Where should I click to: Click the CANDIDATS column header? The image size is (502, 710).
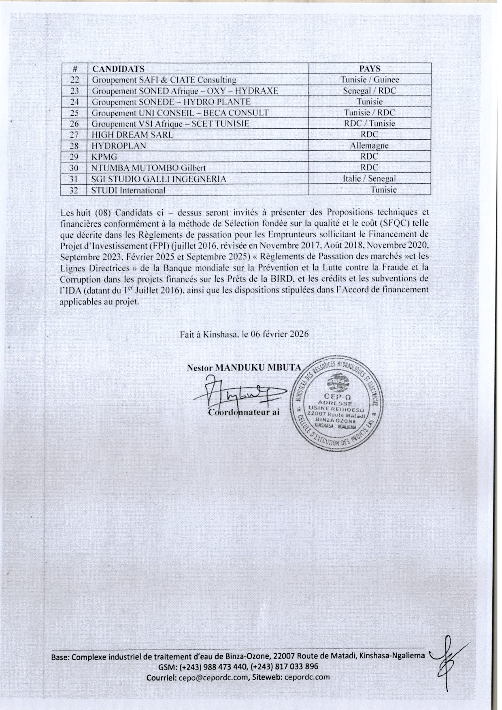pyautogui.click(x=118, y=69)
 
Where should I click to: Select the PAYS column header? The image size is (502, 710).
pyautogui.click(x=370, y=69)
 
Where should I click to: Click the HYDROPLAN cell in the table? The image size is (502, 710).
pyautogui.click(x=119, y=146)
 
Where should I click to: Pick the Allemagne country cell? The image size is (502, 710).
pyautogui.click(x=369, y=146)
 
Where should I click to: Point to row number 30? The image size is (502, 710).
pyautogui.click(x=73, y=168)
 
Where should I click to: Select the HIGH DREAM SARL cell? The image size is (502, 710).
pyautogui.click(x=132, y=135)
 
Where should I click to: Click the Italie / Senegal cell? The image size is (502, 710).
pyautogui.click(x=369, y=179)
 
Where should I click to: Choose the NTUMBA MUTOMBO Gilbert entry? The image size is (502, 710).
pyautogui.click(x=149, y=168)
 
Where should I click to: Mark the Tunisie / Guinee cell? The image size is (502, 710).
pyautogui.click(x=370, y=80)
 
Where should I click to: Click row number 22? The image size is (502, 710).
pyautogui.click(x=73, y=80)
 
